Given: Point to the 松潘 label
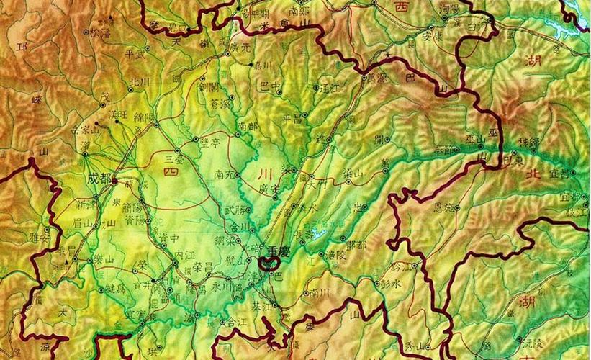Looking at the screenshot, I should point(101,32).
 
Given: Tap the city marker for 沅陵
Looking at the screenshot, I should point(517,338).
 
